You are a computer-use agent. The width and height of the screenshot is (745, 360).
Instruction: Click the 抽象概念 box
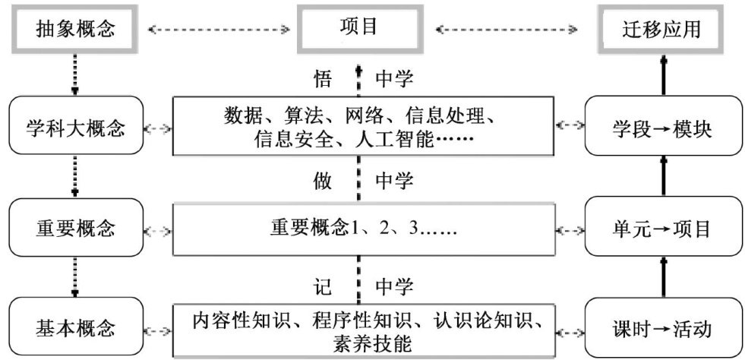[74, 30]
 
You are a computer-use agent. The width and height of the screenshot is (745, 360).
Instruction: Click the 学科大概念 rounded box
[74, 126]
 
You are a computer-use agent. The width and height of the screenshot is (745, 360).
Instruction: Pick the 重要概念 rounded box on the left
[74, 227]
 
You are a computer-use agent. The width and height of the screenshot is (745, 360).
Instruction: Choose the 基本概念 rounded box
[74, 329]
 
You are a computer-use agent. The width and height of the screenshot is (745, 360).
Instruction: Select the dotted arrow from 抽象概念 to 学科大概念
[74, 74]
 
